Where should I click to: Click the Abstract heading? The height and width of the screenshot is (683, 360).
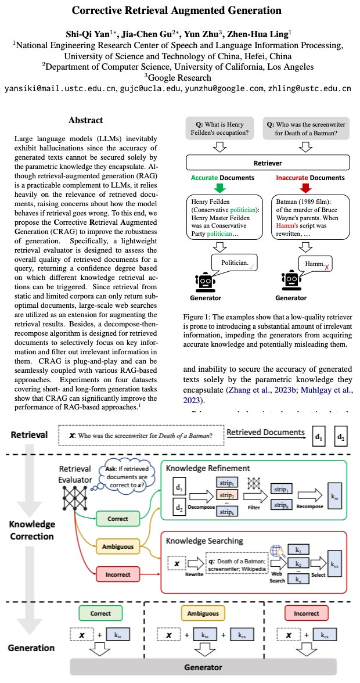(x=85, y=120)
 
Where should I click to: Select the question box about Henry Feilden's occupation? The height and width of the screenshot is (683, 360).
(x=217, y=128)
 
